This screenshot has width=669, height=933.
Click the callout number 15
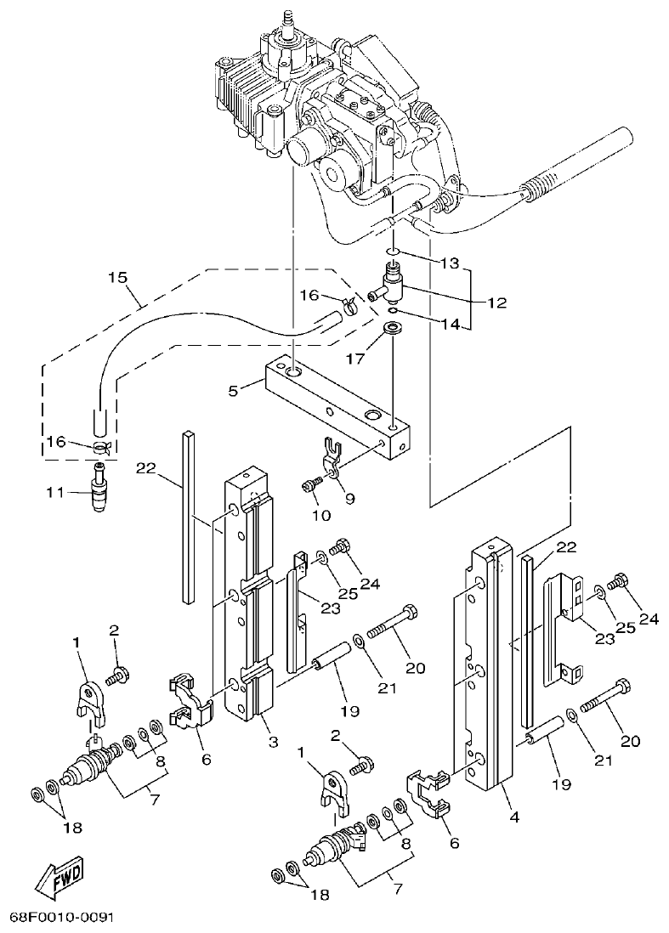pyautogui.click(x=118, y=277)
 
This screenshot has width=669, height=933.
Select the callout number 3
pyautogui.click(x=273, y=742)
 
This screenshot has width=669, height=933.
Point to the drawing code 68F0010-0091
pyautogui.click(x=61, y=919)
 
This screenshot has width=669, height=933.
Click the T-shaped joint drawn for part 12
pyautogui.click(x=393, y=284)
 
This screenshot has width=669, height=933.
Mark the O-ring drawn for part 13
pyautogui.click(x=391, y=252)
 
